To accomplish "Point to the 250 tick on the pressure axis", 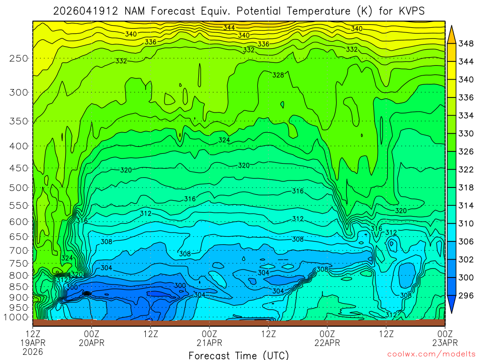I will (19, 58).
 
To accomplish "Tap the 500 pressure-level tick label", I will (19, 187).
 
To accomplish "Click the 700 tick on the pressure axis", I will (19, 250).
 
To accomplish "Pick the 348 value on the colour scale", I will (466, 44).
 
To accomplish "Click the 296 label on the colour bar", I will (466, 295).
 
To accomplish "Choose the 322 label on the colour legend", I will (466, 169).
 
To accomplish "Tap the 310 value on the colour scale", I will (466, 224).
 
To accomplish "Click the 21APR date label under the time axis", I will (209, 343).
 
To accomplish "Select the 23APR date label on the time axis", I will (444, 343).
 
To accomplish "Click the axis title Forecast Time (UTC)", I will (239, 355).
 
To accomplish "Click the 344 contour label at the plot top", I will (229, 28).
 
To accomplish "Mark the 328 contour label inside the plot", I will (278, 75).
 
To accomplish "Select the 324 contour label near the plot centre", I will (224, 140).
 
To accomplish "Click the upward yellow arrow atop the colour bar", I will (452, 33).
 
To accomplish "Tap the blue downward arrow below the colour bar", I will (452, 305).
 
